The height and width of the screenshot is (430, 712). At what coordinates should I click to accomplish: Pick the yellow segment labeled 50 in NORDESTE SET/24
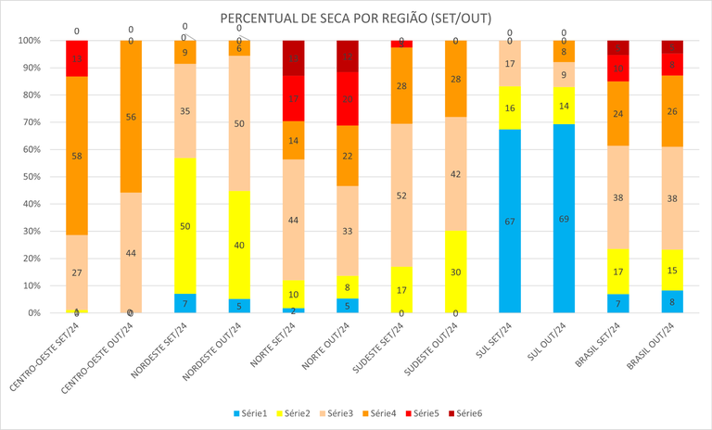pyautogui.click(x=184, y=225)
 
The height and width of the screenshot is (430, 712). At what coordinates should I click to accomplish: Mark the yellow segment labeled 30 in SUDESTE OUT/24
pyautogui.click(x=455, y=272)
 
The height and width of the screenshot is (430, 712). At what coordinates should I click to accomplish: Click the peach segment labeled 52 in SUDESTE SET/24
pyautogui.click(x=401, y=196)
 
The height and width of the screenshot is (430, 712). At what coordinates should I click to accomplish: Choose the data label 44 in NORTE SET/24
pyautogui.click(x=293, y=220)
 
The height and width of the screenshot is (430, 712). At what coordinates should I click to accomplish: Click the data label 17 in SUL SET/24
pyautogui.click(x=509, y=64)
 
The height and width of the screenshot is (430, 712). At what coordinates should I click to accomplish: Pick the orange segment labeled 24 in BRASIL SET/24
pyautogui.click(x=617, y=114)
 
